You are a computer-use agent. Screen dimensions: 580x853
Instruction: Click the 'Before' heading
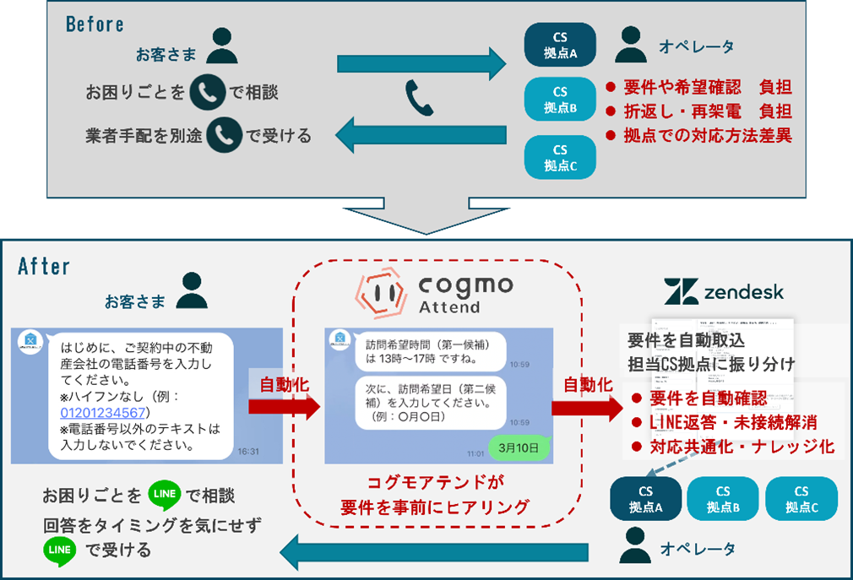95,24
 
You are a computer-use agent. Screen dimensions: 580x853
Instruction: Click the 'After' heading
44,267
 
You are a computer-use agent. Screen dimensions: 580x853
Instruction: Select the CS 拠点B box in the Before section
560,100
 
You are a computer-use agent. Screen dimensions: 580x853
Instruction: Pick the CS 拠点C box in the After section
801,499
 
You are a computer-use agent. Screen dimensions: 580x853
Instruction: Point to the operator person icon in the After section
635,545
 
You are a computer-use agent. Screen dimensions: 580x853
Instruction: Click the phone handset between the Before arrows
420,98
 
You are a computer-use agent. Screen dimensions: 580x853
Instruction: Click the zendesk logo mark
679,292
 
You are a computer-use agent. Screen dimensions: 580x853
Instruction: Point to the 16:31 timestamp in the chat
249,452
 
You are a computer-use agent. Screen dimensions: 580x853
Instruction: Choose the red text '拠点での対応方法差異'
706,134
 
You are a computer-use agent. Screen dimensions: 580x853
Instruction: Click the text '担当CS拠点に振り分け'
711,364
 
